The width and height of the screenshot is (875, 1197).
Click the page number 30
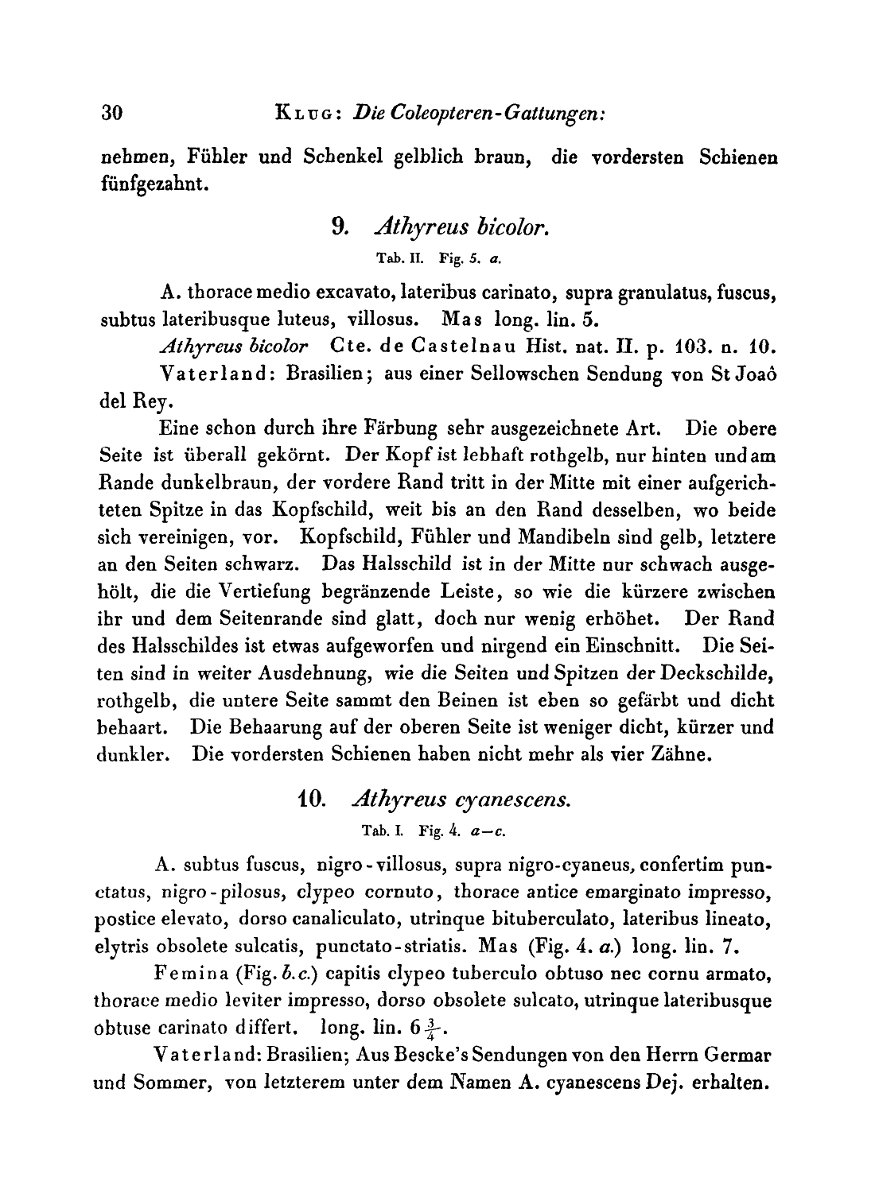pyautogui.click(x=111, y=113)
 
